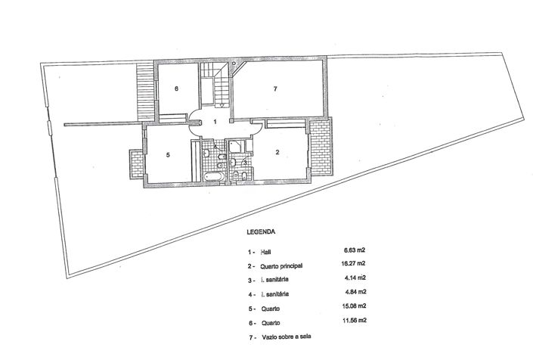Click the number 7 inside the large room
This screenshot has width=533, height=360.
pos(276,89)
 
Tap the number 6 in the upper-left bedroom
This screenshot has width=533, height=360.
pos(176,89)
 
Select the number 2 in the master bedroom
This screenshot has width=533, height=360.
pos(277,153)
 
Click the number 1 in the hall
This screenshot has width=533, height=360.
pos(215,121)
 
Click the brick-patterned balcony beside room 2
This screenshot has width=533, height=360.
pos(321,148)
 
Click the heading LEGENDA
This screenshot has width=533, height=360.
pos(261,233)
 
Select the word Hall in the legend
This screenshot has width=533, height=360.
pos(265,252)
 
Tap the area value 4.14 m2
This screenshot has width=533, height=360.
pos(355,278)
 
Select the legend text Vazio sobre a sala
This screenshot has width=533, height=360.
pos(286,337)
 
